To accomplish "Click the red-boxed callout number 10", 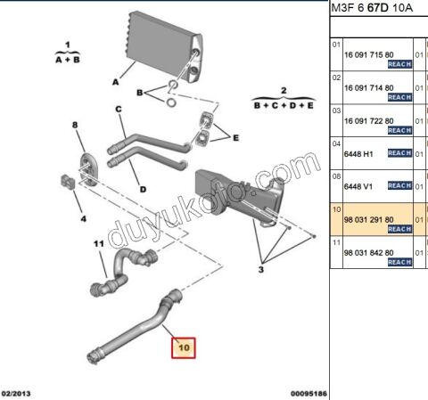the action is pos(184,347).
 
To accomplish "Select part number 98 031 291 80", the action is pos(368,220).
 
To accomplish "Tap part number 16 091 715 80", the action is pos(368,55).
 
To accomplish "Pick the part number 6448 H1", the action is pos(358,154).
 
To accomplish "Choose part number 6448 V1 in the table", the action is pos(358,186).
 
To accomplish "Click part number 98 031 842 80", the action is pos(368,253).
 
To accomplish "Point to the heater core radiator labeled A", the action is pos(164,48).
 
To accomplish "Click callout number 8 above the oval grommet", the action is pos(75,125).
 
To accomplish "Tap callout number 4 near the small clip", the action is pos(84,219).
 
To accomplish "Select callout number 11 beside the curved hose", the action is pos(99,244).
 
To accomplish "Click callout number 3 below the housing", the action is pos(260,270).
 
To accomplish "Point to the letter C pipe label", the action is pos(119,110).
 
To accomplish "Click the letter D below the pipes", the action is pos(143,189).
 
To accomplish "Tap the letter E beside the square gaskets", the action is pos(235,138).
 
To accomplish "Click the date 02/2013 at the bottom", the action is pos(16,394).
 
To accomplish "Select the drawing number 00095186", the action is pos(309,394).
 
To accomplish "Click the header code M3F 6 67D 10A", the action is pos(372,8).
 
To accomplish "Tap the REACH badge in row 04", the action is pos(399,153).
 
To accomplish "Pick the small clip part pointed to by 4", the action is pos(67,182).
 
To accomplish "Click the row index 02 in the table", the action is pos(336,78).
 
